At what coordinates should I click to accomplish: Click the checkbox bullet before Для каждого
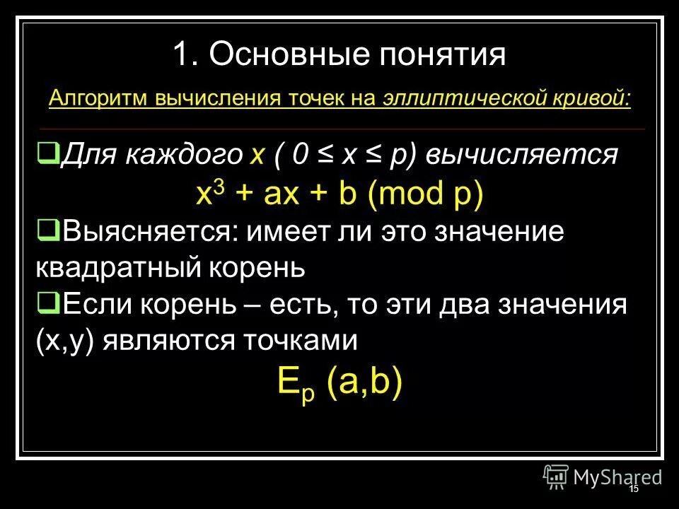point(49,151)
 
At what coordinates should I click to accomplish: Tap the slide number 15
point(633,489)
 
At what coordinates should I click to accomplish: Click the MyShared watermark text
point(617,477)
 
